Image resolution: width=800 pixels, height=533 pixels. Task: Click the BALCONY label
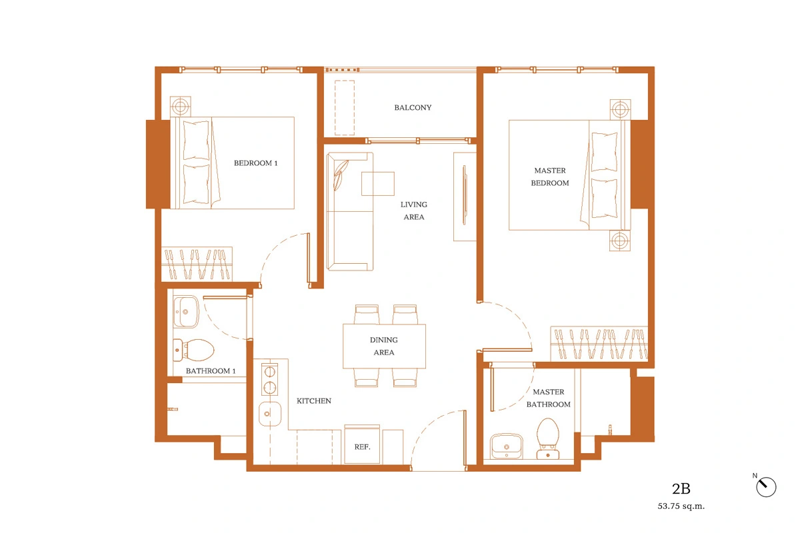click(413, 107)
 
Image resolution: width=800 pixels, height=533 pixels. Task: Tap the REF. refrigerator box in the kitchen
click(362, 444)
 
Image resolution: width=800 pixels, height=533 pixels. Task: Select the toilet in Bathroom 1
click(193, 350)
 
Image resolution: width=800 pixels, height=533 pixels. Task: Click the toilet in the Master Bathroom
click(548, 438)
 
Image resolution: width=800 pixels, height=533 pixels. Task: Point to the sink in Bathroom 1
click(186, 312)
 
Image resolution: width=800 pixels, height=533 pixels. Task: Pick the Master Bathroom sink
click(506, 446)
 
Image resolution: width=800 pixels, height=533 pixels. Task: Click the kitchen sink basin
click(269, 414)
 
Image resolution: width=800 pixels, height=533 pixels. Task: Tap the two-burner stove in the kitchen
click(269, 379)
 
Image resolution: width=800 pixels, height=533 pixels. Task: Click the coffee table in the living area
click(378, 183)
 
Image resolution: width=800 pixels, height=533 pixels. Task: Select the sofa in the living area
click(349, 211)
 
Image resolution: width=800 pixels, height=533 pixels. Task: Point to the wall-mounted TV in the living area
click(464, 195)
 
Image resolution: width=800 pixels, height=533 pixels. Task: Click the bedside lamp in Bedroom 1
click(181, 107)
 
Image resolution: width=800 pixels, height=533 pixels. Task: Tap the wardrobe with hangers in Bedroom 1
click(197, 265)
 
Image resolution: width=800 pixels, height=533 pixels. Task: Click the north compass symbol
click(766, 486)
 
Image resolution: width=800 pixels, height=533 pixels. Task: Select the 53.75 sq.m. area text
click(681, 506)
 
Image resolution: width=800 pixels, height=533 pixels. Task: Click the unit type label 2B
click(681, 489)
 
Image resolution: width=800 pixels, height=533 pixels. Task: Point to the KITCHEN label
click(314, 401)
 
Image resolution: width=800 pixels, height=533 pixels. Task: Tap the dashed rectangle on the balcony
click(345, 107)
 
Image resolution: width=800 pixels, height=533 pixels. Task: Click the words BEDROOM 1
click(256, 163)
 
